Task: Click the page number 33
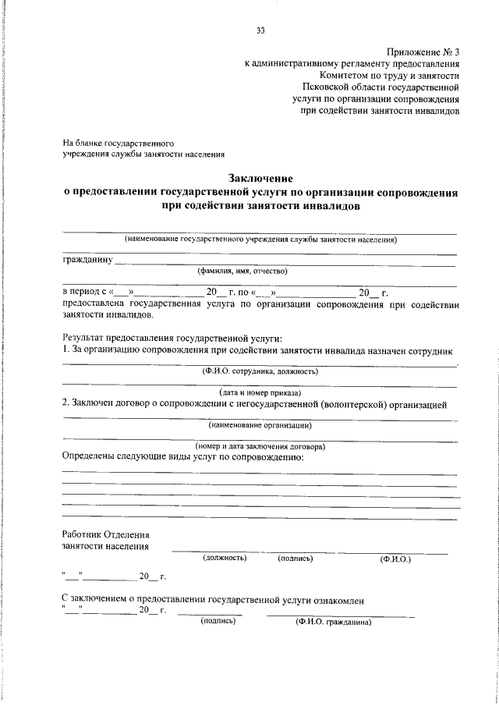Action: (x=260, y=30)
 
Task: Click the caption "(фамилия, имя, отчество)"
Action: (x=242, y=271)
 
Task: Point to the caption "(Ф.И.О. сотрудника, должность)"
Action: (x=260, y=372)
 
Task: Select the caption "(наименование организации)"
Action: (x=260, y=426)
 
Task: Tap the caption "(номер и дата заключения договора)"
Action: (x=260, y=446)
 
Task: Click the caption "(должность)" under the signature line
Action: (x=225, y=559)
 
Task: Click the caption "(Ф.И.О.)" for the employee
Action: (x=395, y=559)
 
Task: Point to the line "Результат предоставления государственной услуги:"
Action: (x=172, y=338)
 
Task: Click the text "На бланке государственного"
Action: (x=119, y=144)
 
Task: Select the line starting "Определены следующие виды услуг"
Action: (x=182, y=456)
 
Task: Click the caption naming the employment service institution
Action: (x=260, y=239)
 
